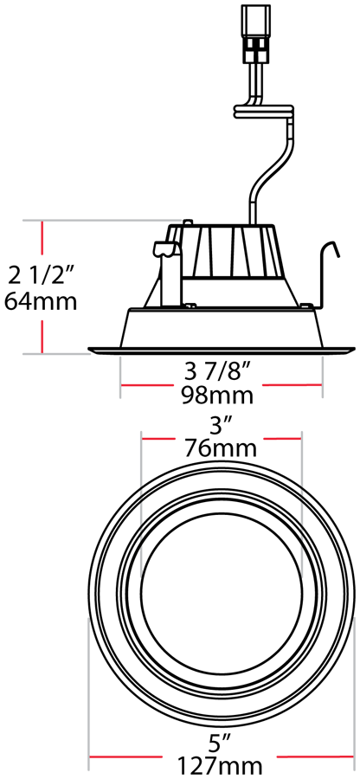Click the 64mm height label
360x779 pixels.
[x=41, y=302]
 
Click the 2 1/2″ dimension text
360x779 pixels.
[x=42, y=276]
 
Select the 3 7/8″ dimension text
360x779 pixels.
[x=217, y=373]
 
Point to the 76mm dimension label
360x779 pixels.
[x=221, y=448]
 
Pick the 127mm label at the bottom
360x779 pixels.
[x=221, y=764]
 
